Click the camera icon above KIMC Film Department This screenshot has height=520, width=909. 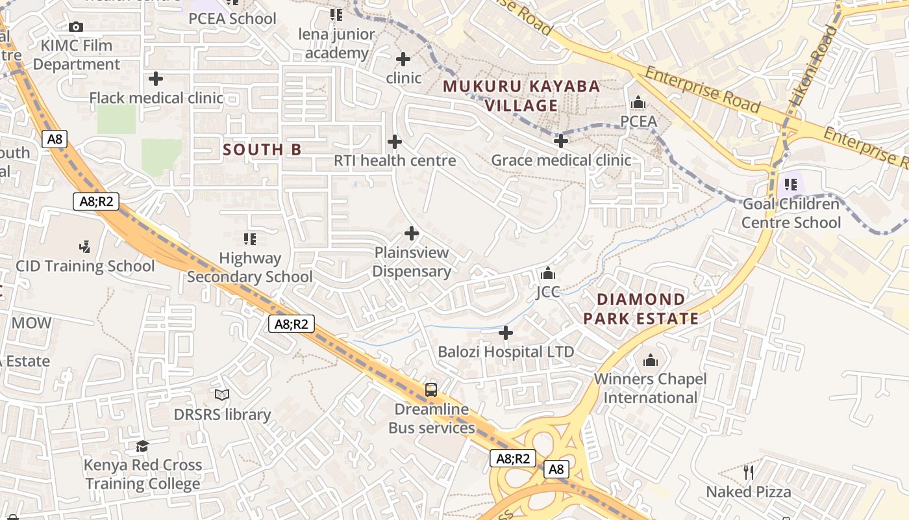point(76,27)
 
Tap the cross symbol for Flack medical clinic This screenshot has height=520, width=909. point(156,79)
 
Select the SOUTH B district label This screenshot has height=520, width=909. point(262,149)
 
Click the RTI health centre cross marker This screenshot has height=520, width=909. point(395,141)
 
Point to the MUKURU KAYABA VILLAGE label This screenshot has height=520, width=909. point(521,96)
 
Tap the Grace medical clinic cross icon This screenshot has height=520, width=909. point(561,140)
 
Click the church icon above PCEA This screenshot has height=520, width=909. point(638,102)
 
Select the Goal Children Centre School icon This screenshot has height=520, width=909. point(791,185)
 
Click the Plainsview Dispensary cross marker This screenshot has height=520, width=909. point(412,233)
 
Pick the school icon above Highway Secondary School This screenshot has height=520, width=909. point(250,239)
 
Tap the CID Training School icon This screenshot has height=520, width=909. point(84,246)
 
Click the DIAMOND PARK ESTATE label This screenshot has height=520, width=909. point(641,309)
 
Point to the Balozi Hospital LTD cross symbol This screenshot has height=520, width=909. point(506,333)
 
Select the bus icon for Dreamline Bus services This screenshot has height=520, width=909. point(431,390)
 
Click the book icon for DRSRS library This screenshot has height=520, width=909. point(222,395)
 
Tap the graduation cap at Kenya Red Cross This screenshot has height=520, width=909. point(142,446)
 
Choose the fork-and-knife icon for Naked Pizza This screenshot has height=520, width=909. point(749,472)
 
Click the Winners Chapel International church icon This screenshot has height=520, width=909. point(651,359)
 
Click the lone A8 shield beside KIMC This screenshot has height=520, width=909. point(55,138)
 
